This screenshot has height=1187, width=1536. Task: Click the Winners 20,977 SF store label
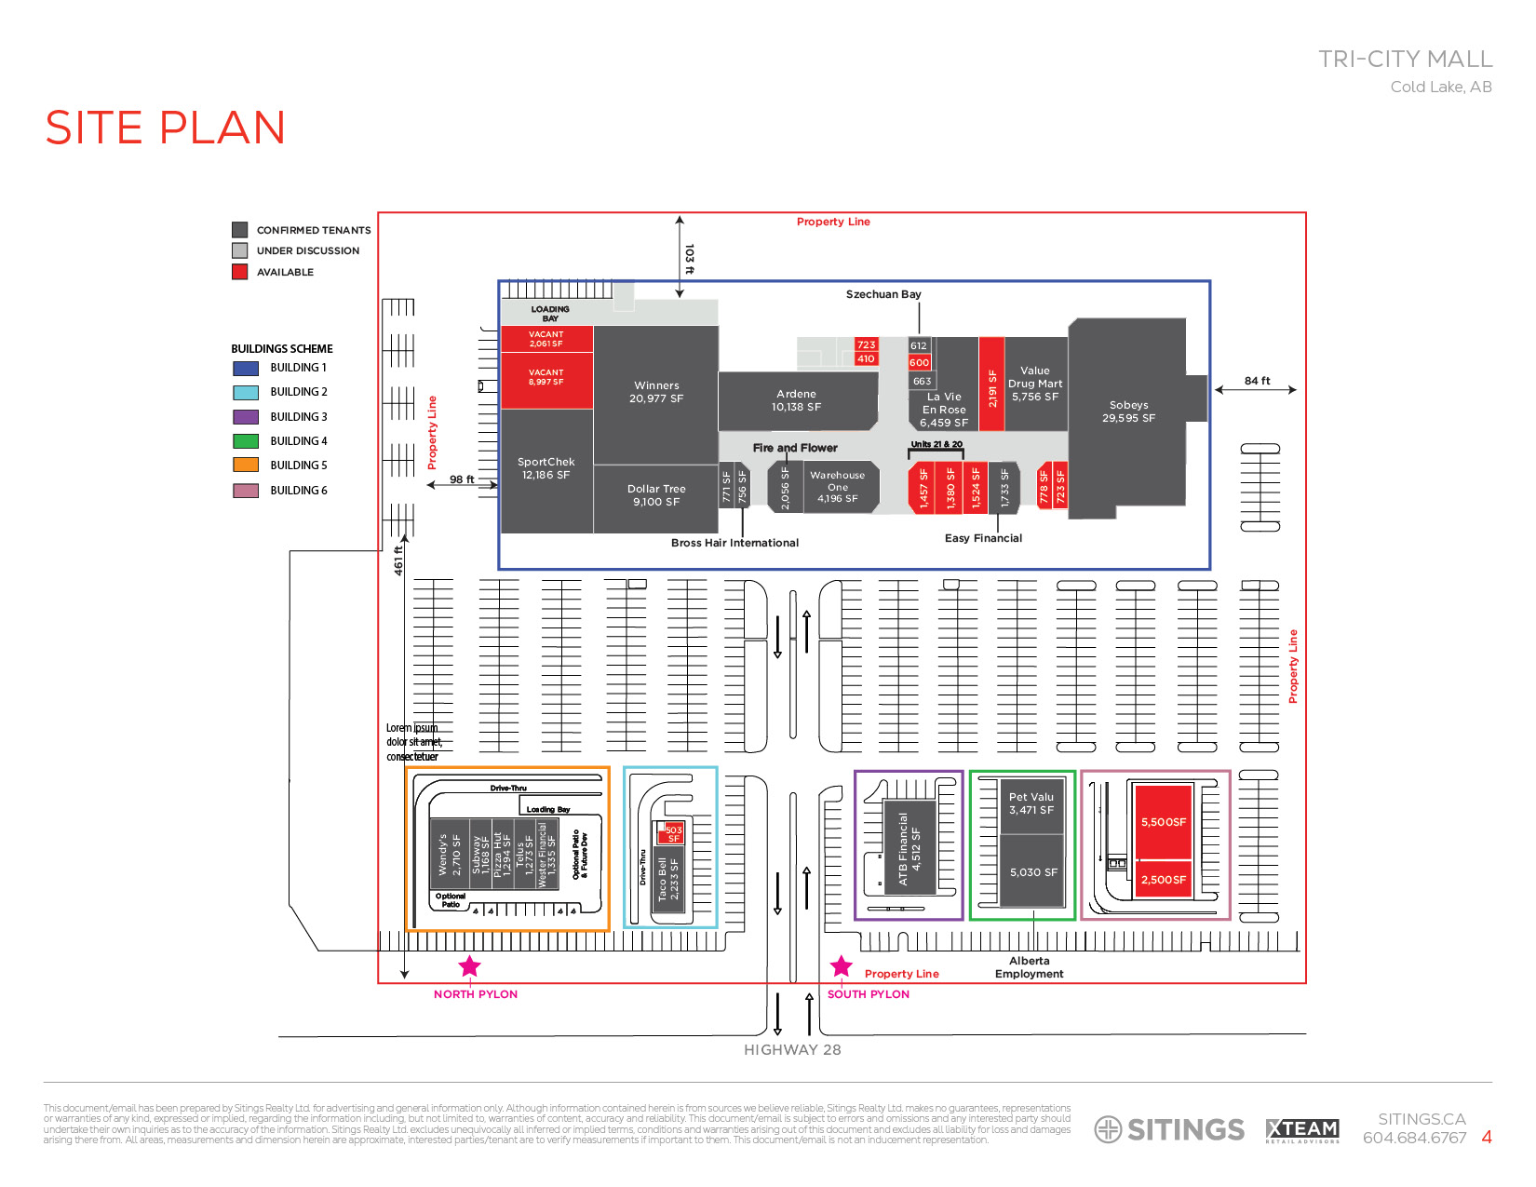click(x=656, y=392)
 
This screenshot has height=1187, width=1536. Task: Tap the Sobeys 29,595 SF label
click(x=1128, y=411)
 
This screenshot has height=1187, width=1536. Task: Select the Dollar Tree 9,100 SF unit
click(x=656, y=495)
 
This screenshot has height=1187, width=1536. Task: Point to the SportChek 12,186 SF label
click(x=546, y=468)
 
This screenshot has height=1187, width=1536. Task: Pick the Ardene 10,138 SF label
click(x=796, y=400)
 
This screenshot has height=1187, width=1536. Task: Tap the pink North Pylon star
click(x=470, y=966)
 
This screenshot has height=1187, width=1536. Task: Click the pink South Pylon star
click(x=842, y=966)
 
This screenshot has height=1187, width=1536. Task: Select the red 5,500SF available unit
click(x=1163, y=821)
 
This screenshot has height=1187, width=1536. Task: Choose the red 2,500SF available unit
click(x=1163, y=879)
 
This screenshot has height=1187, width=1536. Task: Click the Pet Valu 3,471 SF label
click(x=1031, y=803)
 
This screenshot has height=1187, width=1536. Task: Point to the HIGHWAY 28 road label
click(x=792, y=1050)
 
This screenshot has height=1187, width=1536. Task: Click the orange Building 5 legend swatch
click(x=246, y=465)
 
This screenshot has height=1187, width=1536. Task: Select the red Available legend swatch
click(x=240, y=272)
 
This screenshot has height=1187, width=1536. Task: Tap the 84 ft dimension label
click(x=1257, y=381)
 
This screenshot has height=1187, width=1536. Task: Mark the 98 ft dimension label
click(x=462, y=479)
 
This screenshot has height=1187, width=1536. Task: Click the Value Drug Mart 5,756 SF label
click(x=1035, y=384)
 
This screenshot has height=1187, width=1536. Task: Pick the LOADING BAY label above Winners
click(x=550, y=314)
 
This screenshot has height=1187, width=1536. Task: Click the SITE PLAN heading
click(x=166, y=128)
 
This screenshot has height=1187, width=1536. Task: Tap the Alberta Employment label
click(x=1029, y=967)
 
